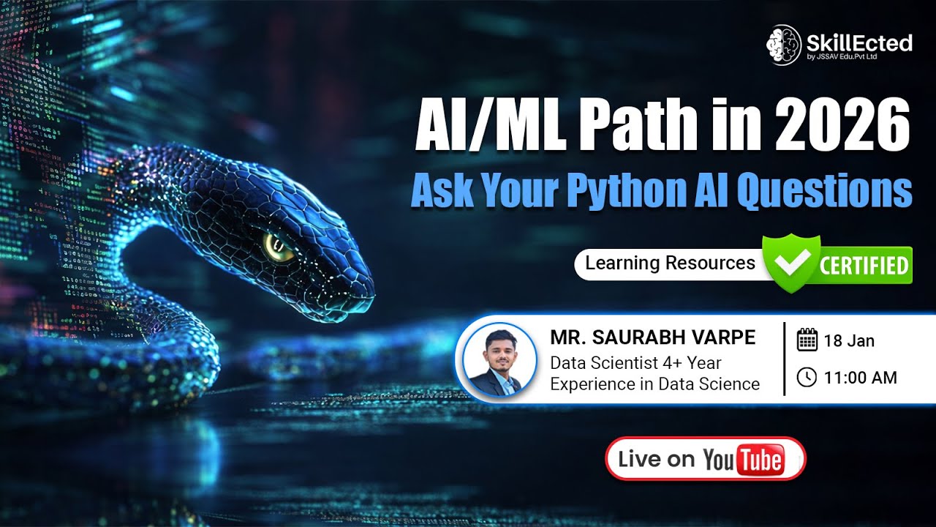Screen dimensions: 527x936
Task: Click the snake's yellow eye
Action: click(279, 247)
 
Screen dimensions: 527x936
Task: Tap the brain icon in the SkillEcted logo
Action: click(783, 45)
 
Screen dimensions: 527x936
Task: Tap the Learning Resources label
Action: click(670, 263)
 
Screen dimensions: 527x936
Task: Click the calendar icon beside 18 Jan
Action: click(807, 340)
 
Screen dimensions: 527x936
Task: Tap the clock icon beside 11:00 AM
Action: click(807, 377)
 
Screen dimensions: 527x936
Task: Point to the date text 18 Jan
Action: click(849, 340)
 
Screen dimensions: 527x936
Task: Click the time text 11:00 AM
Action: click(860, 378)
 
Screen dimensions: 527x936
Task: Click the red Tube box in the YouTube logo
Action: click(760, 460)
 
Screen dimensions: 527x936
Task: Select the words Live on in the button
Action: click(656, 459)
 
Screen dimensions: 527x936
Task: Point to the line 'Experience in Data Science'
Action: click(654, 384)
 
